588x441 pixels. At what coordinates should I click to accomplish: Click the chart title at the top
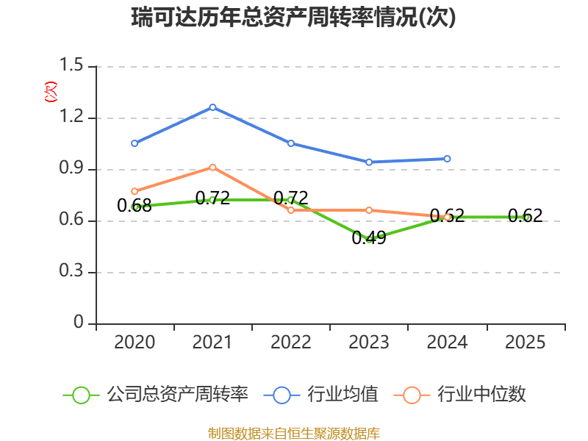tap(293, 17)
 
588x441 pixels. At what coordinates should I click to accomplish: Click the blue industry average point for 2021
tap(212, 107)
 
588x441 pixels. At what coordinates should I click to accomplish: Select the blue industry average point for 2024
tap(447, 159)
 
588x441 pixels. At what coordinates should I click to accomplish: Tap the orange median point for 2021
tap(212, 168)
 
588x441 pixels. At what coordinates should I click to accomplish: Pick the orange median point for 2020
tap(135, 191)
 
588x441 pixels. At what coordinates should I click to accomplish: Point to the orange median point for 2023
tap(369, 210)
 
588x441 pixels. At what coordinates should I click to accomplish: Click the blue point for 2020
tap(135, 143)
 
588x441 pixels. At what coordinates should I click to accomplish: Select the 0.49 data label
tap(369, 237)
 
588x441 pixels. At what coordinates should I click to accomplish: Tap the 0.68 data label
tap(135, 206)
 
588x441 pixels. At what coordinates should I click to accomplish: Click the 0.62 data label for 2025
tap(525, 215)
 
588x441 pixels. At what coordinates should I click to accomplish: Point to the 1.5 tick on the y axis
tap(71, 65)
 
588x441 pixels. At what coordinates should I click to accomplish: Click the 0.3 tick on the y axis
tap(71, 270)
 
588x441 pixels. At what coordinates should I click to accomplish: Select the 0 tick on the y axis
tap(79, 322)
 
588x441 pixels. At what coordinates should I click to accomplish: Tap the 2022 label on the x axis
tap(290, 342)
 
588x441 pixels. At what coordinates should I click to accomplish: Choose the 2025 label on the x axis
tap(525, 342)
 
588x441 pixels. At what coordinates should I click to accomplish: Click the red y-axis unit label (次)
tap(51, 92)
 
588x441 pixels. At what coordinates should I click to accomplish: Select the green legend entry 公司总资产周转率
tap(156, 395)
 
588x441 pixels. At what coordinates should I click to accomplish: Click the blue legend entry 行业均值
tap(321, 395)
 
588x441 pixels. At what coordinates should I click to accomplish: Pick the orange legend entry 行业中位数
tap(460, 395)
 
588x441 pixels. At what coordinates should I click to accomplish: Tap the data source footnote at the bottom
tap(294, 433)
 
